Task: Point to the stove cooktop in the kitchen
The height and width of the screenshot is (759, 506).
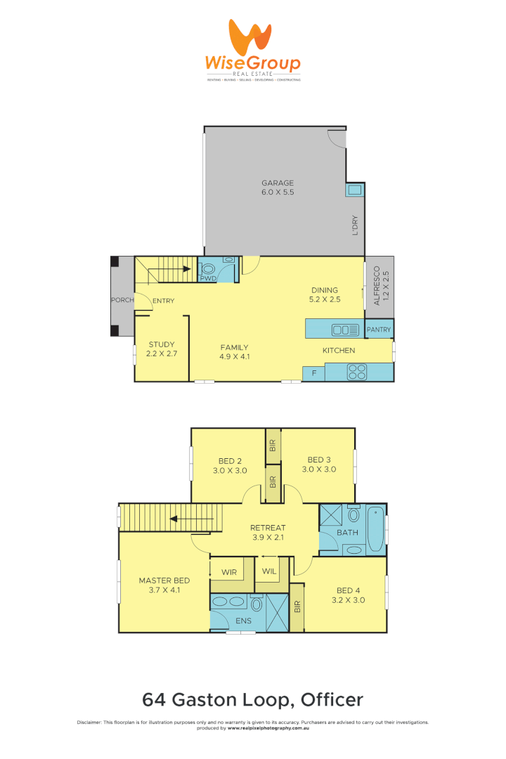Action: coord(356,372)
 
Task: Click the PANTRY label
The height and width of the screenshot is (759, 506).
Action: coord(379,329)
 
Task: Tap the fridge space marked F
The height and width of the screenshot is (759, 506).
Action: coord(313,373)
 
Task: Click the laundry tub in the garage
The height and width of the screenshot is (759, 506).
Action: coord(355,190)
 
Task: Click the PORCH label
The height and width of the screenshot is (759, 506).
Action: coord(122,301)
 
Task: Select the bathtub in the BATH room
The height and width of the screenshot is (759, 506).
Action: coord(376,529)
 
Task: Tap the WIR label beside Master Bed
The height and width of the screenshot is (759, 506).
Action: coord(228,571)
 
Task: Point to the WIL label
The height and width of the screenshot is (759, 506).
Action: coord(269,571)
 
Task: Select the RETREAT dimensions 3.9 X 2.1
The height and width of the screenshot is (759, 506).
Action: coord(268,538)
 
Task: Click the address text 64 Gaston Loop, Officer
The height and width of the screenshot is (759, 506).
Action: coord(253,699)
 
